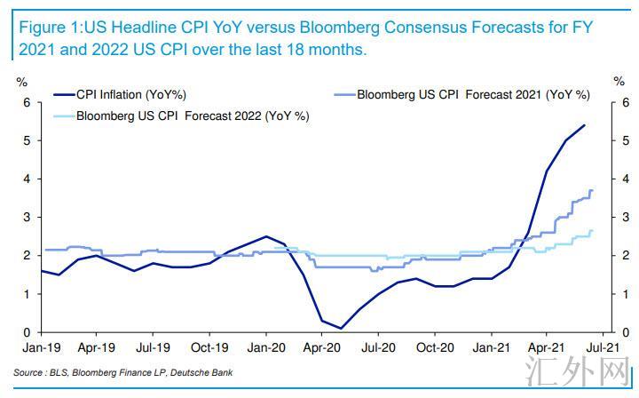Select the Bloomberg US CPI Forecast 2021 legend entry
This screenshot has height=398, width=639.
pyautogui.click(x=478, y=94)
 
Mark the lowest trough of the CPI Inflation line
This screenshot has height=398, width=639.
pyautogui.click(x=341, y=328)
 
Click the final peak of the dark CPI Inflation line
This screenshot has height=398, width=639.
pyautogui.click(x=585, y=125)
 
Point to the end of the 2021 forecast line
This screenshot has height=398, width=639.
pyautogui.click(x=592, y=191)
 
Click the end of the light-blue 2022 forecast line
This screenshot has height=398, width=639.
pyautogui.click(x=592, y=232)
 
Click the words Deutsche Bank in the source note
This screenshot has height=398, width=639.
pyautogui.click(x=202, y=373)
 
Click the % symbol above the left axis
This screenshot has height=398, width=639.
pyautogui.click(x=23, y=82)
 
